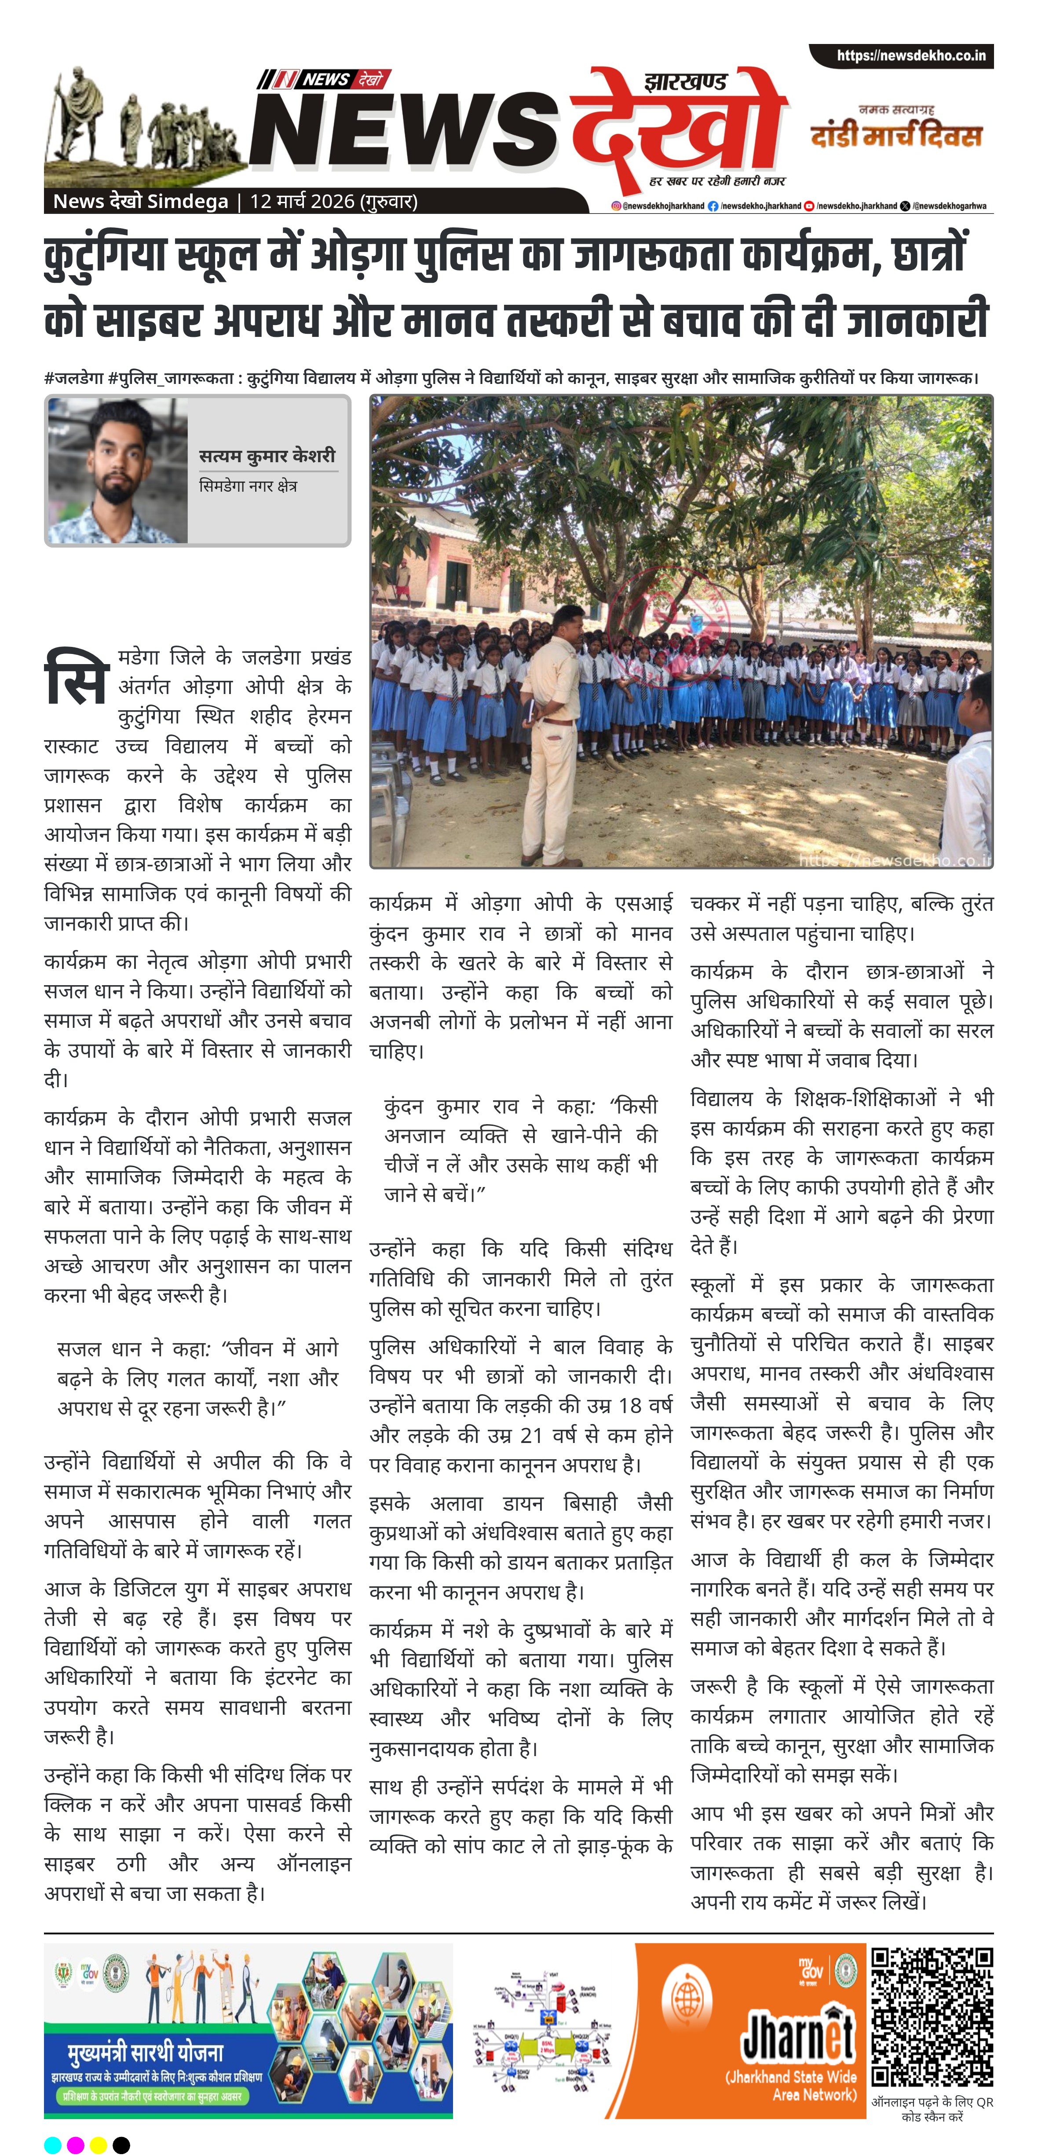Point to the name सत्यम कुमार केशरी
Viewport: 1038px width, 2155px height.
coord(267,456)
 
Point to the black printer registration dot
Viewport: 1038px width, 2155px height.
coord(121,2138)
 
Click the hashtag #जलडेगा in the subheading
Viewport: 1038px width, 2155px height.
coord(74,378)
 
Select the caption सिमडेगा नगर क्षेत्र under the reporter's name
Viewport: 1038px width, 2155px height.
coord(248,486)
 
